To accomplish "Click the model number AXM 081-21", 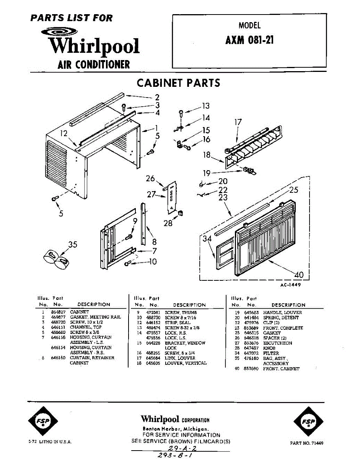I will pyautogui.click(x=249, y=40).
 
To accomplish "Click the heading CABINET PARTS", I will pyautogui.click(x=178, y=83).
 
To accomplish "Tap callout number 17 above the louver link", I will pyautogui.click(x=238, y=122).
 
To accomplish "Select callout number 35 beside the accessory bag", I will pyautogui.click(x=72, y=244).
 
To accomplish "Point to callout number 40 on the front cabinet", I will pyautogui.click(x=299, y=274).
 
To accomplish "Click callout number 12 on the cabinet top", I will pyautogui.click(x=64, y=133).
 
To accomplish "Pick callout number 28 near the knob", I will pyautogui.click(x=168, y=223).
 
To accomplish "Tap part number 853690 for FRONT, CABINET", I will pyautogui.click(x=251, y=369).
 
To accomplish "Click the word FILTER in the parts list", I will pyautogui.click(x=271, y=353).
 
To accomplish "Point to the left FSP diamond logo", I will pyautogui.click(x=43, y=422).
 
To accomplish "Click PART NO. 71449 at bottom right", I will pyautogui.click(x=306, y=443).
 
